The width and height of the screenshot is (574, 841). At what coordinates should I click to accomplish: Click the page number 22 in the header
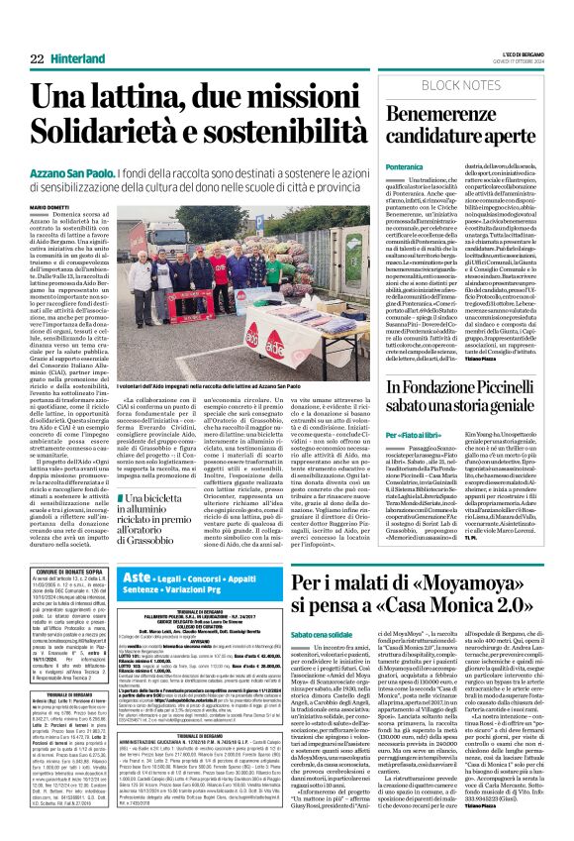(36, 34)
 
